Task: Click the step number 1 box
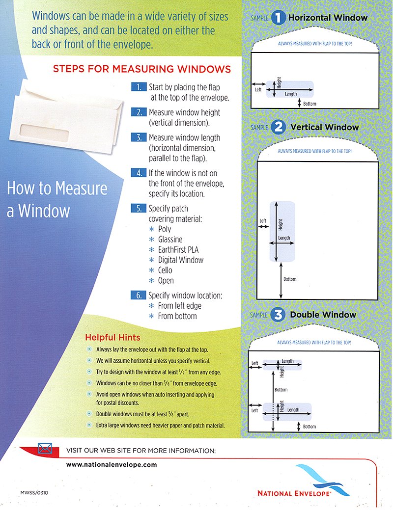139,87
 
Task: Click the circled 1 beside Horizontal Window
279,18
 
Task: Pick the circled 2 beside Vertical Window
279,127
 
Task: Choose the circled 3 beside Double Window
279,315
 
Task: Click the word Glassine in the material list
170,240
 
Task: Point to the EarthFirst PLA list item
178,250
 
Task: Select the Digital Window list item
180,260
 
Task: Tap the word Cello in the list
165,270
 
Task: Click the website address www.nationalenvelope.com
111,464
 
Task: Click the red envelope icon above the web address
45,449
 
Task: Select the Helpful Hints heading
112,338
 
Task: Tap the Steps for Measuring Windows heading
141,69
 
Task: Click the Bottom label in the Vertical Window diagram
290,279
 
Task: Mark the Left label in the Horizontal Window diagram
258,90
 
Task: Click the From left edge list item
179,306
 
